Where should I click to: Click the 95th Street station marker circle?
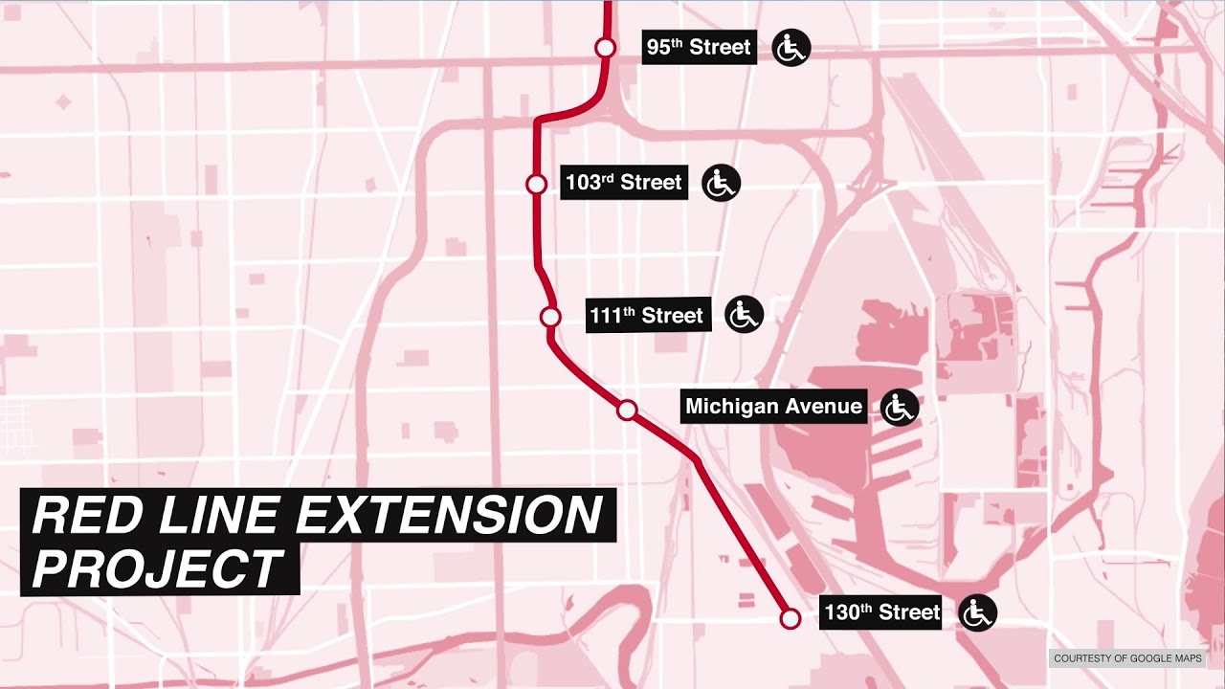[605, 47]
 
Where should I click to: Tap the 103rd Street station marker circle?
[536, 184]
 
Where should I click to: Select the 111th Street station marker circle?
[549, 317]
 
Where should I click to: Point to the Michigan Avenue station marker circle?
[627, 410]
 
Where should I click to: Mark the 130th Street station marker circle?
[790, 618]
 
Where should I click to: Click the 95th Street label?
[699, 47]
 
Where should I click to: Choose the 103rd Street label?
[624, 182]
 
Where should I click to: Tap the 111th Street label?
[647, 315]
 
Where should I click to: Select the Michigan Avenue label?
[773, 406]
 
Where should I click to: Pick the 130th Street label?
[881, 611]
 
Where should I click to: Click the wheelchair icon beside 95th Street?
[791, 48]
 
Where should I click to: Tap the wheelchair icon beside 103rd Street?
[721, 182]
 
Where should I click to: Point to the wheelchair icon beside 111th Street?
[744, 314]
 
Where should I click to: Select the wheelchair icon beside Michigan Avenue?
[899, 408]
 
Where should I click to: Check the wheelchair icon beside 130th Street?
[977, 612]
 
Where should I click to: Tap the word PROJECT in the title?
[158, 568]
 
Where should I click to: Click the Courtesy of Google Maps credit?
[1127, 658]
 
